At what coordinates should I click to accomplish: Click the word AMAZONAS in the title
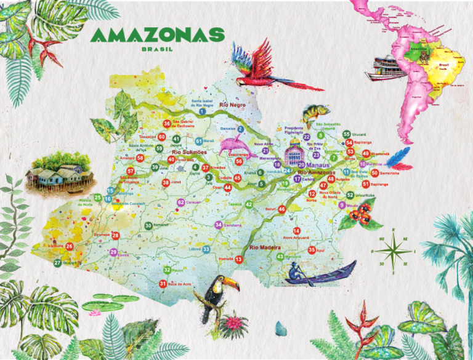pos(157,35)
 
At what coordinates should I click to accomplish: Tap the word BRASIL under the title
pos(157,49)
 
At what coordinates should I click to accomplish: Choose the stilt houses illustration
pos(60,169)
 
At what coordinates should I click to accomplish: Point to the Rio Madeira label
pos(266,247)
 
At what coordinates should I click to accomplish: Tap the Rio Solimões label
pos(188,152)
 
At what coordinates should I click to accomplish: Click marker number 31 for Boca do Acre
pos(163,284)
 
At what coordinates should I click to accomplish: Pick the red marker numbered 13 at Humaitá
pos(238,260)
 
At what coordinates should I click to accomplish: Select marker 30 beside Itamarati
pos(148,226)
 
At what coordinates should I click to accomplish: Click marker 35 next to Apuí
pos(312,250)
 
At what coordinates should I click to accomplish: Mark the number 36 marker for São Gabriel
pos(166,124)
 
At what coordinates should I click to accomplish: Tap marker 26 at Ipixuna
pos(70,246)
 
